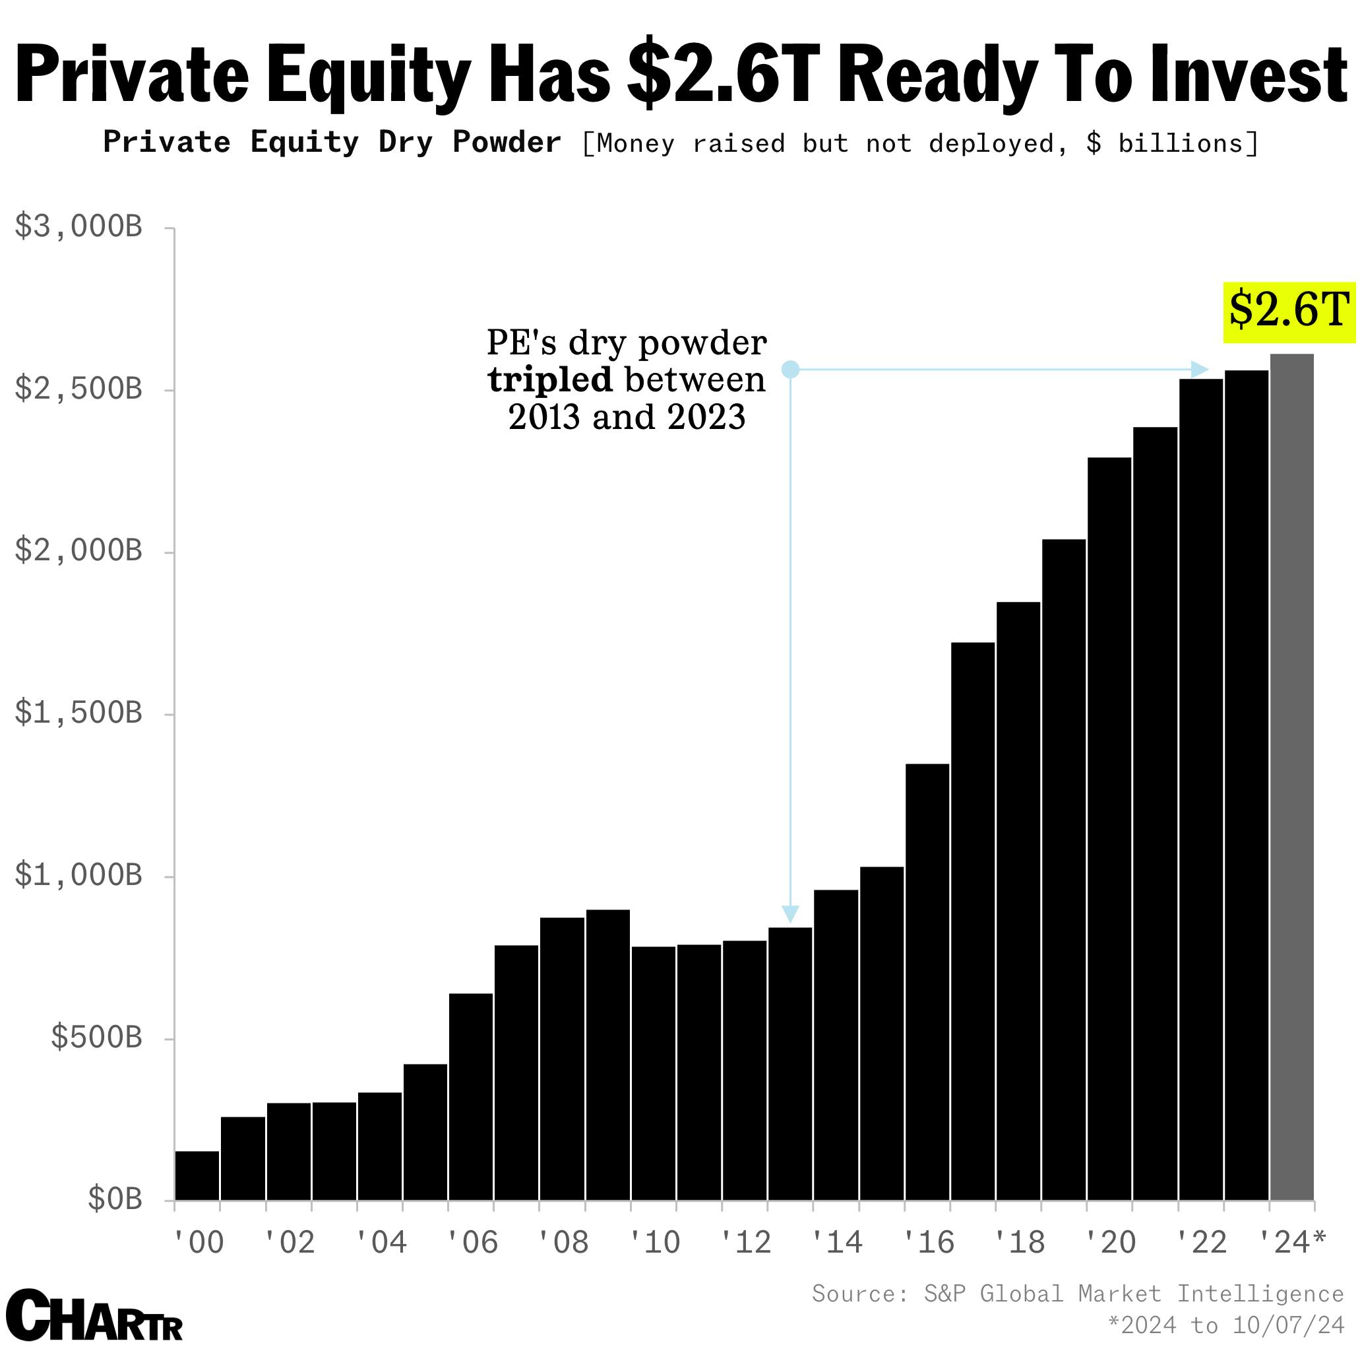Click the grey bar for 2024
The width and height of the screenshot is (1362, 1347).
pos(1291,775)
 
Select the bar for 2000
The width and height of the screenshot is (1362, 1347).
pos(197,1175)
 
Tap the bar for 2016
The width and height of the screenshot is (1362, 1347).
pos(927,981)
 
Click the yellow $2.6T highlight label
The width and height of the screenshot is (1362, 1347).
pos(1289,312)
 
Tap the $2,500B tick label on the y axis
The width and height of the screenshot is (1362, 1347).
pos(78,389)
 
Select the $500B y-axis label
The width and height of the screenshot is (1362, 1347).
pos(96,1038)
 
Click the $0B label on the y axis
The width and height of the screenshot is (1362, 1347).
pos(114,1199)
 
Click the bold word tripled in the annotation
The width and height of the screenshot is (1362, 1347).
pos(550,381)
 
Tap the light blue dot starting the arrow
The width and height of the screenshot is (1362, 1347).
pos(790,370)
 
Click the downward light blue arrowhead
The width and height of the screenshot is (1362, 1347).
pos(790,913)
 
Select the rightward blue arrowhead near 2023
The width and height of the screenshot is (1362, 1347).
pos(1198,370)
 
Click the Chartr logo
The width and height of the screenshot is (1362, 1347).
pos(93,1315)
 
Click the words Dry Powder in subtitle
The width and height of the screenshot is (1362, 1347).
pos(470,143)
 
